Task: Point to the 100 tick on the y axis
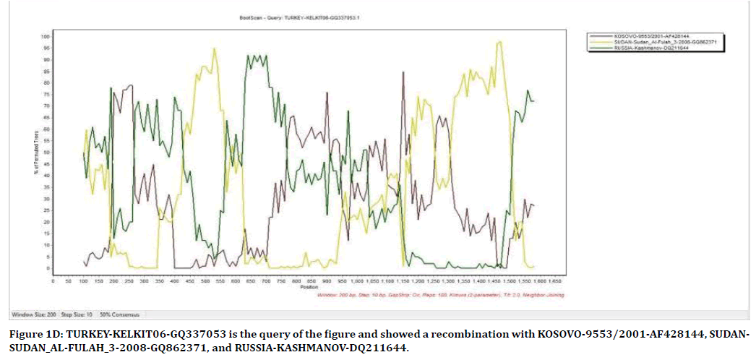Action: click(45, 36)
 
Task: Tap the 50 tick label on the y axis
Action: click(46, 153)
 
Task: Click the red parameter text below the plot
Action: click(441, 295)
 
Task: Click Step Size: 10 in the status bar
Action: click(72, 314)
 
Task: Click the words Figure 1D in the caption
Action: click(32, 335)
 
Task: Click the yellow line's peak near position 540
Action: click(214, 48)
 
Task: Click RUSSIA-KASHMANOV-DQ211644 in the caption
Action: click(333, 348)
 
